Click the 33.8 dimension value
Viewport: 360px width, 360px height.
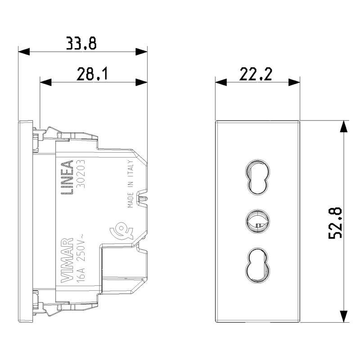click(81, 43)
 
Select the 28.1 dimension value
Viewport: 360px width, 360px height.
click(92, 74)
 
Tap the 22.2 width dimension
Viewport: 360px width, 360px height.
click(256, 74)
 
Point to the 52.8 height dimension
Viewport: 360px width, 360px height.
click(335, 223)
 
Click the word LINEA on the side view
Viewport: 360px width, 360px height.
click(67, 177)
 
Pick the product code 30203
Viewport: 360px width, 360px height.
click(81, 174)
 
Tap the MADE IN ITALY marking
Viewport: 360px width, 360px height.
click(130, 184)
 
